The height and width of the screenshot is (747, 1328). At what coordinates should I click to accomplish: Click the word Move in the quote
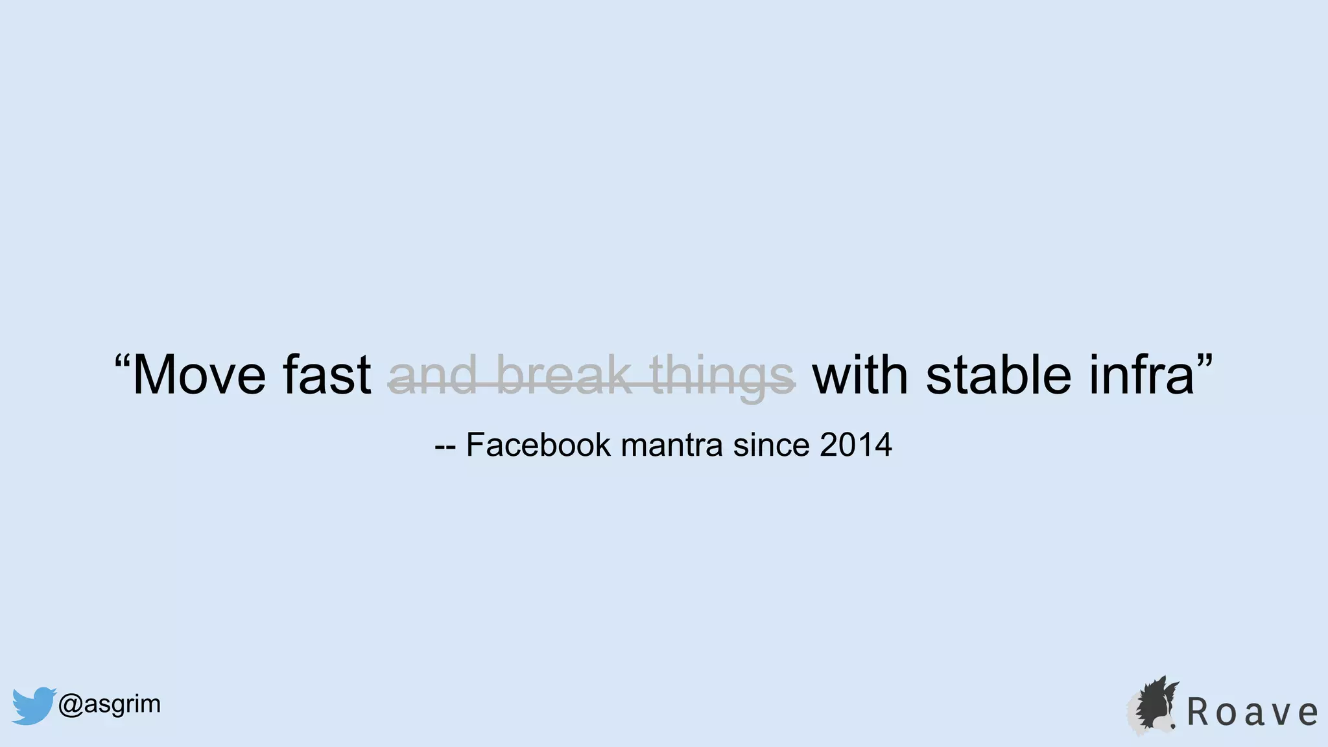click(198, 376)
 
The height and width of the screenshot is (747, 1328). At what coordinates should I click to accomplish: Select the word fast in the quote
click(326, 376)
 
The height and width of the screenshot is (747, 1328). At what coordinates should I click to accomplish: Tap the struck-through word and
click(433, 376)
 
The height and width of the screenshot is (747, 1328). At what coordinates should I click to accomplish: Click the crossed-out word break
click(563, 376)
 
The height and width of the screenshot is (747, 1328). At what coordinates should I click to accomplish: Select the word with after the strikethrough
click(860, 376)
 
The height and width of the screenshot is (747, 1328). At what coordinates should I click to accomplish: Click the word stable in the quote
click(999, 376)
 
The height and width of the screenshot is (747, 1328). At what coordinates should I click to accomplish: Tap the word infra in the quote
click(1141, 376)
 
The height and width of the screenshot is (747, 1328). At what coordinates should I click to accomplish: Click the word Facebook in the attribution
click(538, 445)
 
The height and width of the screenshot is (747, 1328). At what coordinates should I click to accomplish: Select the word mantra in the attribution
click(671, 445)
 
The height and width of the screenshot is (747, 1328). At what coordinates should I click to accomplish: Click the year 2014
click(856, 445)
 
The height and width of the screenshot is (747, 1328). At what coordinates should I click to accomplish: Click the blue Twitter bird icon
click(33, 705)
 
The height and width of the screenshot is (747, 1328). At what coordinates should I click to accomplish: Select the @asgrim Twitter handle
click(109, 704)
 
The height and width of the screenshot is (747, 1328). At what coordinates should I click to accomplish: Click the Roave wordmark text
click(1251, 713)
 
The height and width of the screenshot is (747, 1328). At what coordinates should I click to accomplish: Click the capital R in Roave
click(1198, 713)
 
